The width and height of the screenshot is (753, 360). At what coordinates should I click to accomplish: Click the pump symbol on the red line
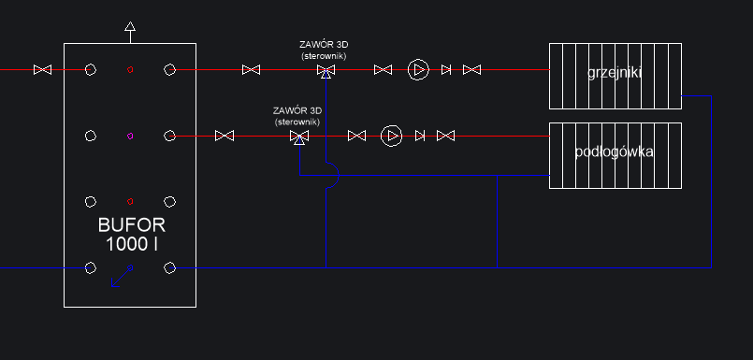pyautogui.click(x=418, y=69)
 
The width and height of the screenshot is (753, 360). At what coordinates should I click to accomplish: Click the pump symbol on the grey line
pyautogui.click(x=392, y=137)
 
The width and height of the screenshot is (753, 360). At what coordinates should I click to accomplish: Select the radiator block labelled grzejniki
pyautogui.click(x=615, y=76)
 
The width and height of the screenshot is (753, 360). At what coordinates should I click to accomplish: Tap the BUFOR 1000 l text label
pyautogui.click(x=130, y=235)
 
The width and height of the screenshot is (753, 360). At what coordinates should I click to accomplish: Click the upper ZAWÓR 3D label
pyautogui.click(x=324, y=50)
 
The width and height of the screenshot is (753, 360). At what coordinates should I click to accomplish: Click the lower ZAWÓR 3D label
pyautogui.click(x=297, y=116)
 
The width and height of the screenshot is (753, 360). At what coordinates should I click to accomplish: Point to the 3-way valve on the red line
pyautogui.click(x=326, y=70)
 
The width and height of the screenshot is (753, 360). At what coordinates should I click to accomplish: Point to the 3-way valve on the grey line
pyautogui.click(x=299, y=137)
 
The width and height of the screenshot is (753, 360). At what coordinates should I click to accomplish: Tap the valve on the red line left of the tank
pyautogui.click(x=42, y=69)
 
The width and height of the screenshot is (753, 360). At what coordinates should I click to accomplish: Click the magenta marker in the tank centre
pyautogui.click(x=130, y=136)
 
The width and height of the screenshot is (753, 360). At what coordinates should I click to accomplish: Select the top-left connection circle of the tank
pyautogui.click(x=91, y=69)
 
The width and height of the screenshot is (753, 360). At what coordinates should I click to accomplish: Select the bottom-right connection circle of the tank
pyautogui.click(x=169, y=268)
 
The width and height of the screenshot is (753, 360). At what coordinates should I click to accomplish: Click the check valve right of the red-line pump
pyautogui.click(x=446, y=69)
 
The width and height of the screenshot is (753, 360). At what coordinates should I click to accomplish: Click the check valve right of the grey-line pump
pyautogui.click(x=420, y=137)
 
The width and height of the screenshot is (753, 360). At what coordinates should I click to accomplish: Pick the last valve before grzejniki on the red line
pyautogui.click(x=471, y=69)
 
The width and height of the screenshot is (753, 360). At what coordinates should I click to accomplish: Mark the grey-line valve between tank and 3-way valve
pyautogui.click(x=224, y=137)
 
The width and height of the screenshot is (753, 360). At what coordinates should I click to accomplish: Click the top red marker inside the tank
pyautogui.click(x=130, y=69)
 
